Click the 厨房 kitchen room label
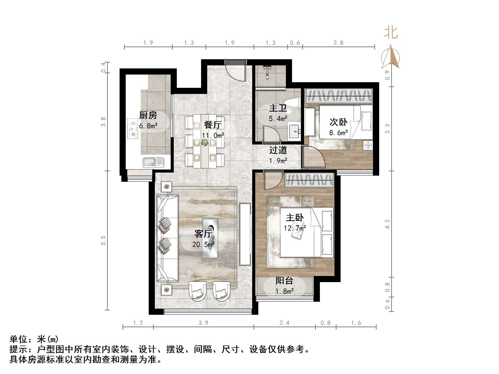tap(148, 115)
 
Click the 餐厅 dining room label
tap(213, 125)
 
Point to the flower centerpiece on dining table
tap(205, 143)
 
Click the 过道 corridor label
tap(278, 150)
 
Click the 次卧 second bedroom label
tap(338, 122)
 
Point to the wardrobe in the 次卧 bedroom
tap(338, 96)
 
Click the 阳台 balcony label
tap(284, 281)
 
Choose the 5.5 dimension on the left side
tap(103, 240)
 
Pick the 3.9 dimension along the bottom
tap(203, 323)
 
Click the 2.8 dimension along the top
tap(338, 43)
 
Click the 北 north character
tap(391, 33)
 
